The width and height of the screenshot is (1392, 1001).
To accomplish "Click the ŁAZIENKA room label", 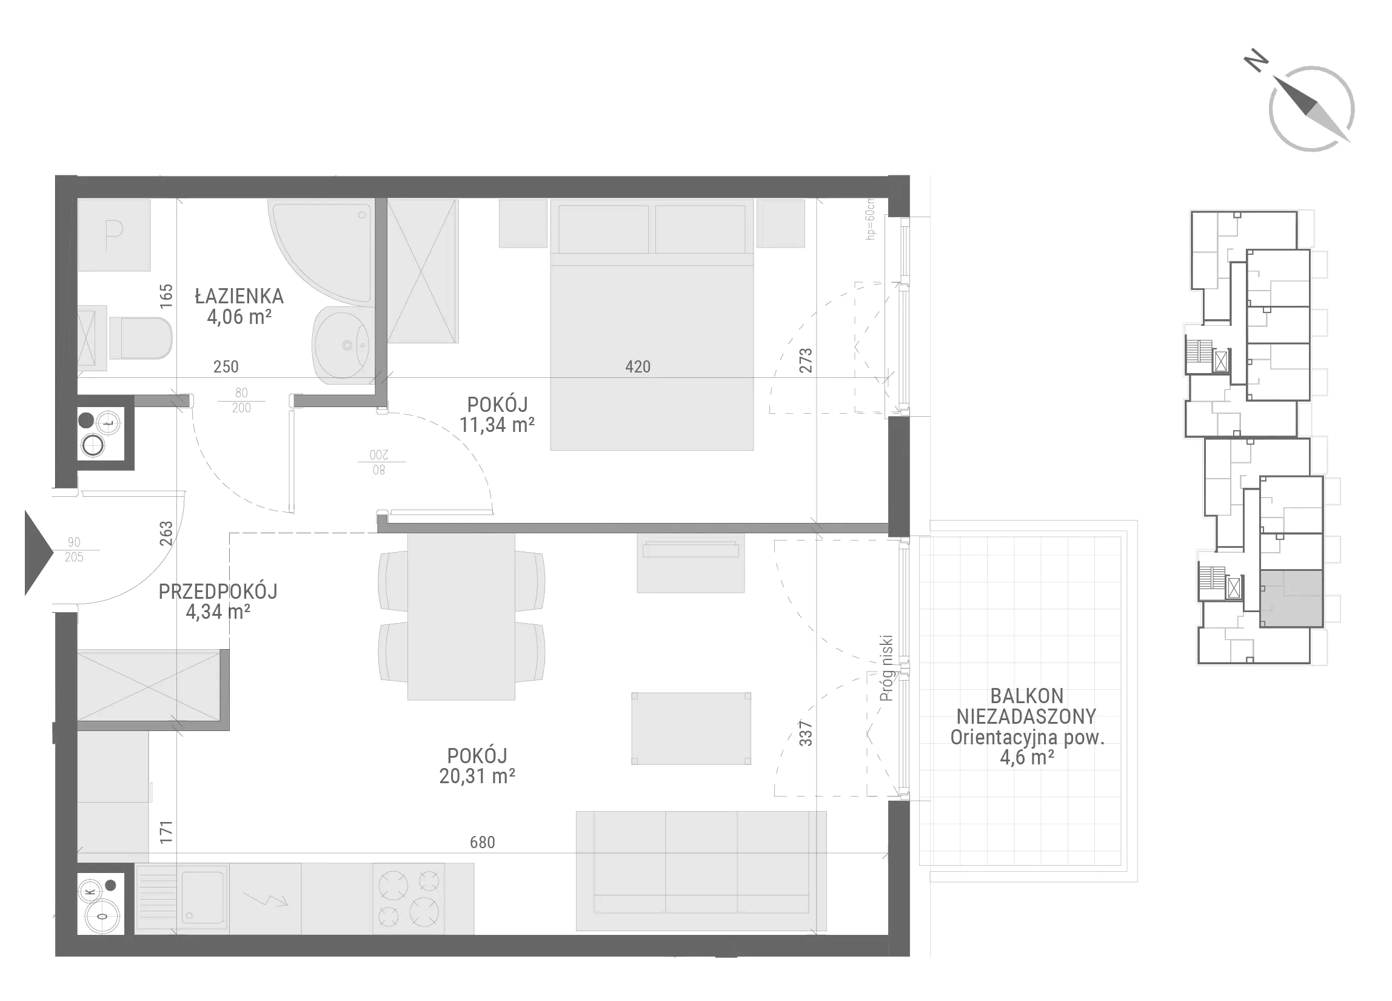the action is [239, 297].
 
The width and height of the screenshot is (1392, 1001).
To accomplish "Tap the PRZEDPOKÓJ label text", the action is [218, 591].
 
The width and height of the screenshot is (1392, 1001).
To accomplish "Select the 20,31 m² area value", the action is [477, 777].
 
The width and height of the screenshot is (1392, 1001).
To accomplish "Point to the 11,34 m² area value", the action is [497, 424].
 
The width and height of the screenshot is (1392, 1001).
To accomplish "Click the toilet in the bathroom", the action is [140, 339].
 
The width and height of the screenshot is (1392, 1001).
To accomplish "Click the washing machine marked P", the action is [114, 235].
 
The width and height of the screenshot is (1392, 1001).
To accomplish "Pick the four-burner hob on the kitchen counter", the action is [409, 899].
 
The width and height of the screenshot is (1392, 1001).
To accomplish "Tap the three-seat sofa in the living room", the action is [701, 871].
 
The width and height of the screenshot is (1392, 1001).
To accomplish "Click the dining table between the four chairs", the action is [461, 616].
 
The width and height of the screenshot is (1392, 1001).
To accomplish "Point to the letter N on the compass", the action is [1256, 61].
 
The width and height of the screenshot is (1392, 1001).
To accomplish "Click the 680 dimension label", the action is [483, 842].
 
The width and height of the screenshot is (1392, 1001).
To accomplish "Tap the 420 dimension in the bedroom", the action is [638, 366].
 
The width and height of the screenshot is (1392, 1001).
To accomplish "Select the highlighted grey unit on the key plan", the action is [1291, 598].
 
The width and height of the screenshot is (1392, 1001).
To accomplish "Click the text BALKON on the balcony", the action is [1027, 696].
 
